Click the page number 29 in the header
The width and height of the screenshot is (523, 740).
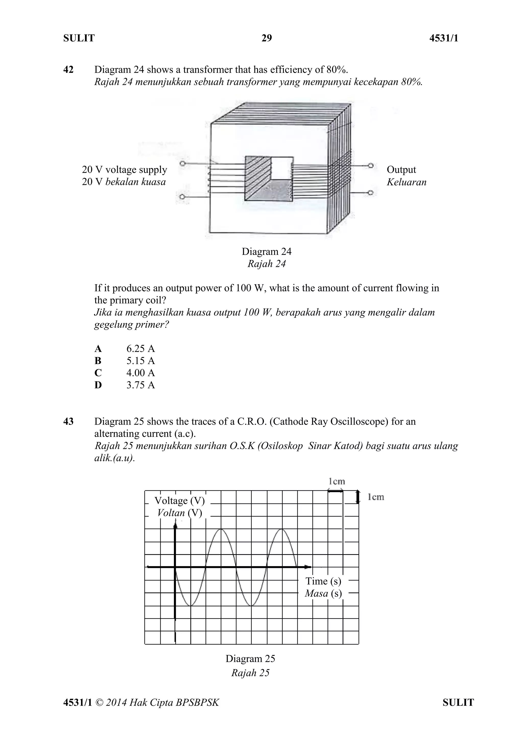(266, 38)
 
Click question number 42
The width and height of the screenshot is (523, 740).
(68, 70)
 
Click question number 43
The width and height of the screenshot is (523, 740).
(68, 421)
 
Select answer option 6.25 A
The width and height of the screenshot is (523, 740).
(140, 348)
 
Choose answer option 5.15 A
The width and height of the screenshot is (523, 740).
(140, 361)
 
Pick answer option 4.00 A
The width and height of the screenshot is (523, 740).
(140, 373)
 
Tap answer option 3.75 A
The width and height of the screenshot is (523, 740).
(140, 385)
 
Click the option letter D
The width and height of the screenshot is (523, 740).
(98, 385)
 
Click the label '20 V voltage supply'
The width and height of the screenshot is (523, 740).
(124, 169)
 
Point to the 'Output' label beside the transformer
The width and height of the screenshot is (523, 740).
(401, 169)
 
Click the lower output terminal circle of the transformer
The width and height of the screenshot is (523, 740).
(371, 193)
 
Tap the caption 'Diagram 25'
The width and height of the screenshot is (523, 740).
(250, 658)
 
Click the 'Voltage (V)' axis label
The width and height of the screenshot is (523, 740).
(179, 500)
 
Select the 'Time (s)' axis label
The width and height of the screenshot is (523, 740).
(323, 581)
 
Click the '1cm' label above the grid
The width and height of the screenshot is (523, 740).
(337, 482)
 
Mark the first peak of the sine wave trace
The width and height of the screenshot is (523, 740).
(221, 529)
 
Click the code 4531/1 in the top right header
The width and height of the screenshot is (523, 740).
(444, 38)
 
